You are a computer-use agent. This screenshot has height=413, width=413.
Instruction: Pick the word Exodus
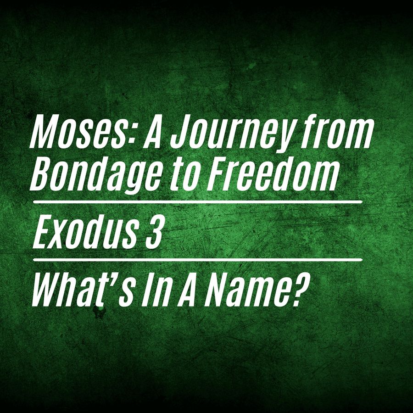click(87, 232)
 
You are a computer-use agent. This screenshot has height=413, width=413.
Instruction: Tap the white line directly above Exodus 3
click(197, 202)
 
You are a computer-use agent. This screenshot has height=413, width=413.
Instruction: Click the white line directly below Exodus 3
click(197, 260)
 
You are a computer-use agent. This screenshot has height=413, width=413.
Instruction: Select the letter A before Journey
click(153, 131)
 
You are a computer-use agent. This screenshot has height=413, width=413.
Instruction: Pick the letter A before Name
click(188, 290)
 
